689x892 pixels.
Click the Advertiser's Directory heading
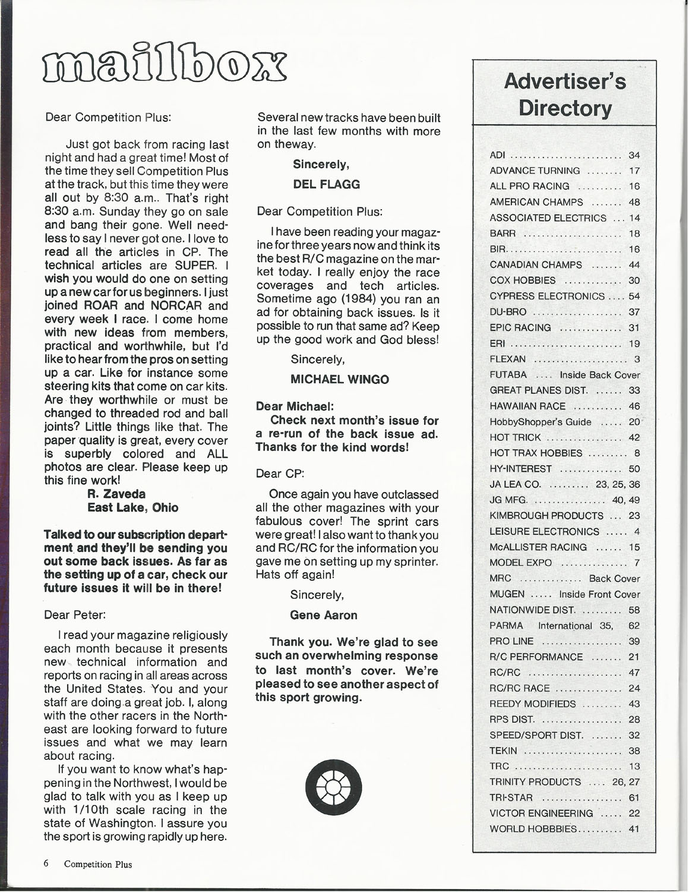(565, 94)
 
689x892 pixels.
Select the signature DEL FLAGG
(327, 184)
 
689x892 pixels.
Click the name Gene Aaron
(324, 615)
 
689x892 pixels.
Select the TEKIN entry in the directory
(503, 751)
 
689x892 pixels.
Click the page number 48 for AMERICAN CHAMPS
(634, 202)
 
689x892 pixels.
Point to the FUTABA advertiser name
(508, 375)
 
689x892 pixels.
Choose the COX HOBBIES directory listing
(523, 280)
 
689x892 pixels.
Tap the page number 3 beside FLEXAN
(637, 359)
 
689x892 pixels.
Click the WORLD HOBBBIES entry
(533, 829)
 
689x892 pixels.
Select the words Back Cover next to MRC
(614, 578)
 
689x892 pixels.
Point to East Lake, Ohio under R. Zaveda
(132, 508)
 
